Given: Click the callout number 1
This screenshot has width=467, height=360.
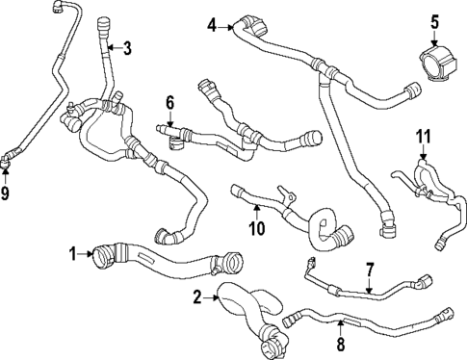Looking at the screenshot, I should click(x=72, y=254).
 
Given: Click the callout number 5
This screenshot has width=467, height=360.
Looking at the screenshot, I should click(x=434, y=20).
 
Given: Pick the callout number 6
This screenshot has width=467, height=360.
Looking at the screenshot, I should click(x=169, y=101).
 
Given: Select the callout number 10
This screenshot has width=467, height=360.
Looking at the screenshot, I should click(x=255, y=227).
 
